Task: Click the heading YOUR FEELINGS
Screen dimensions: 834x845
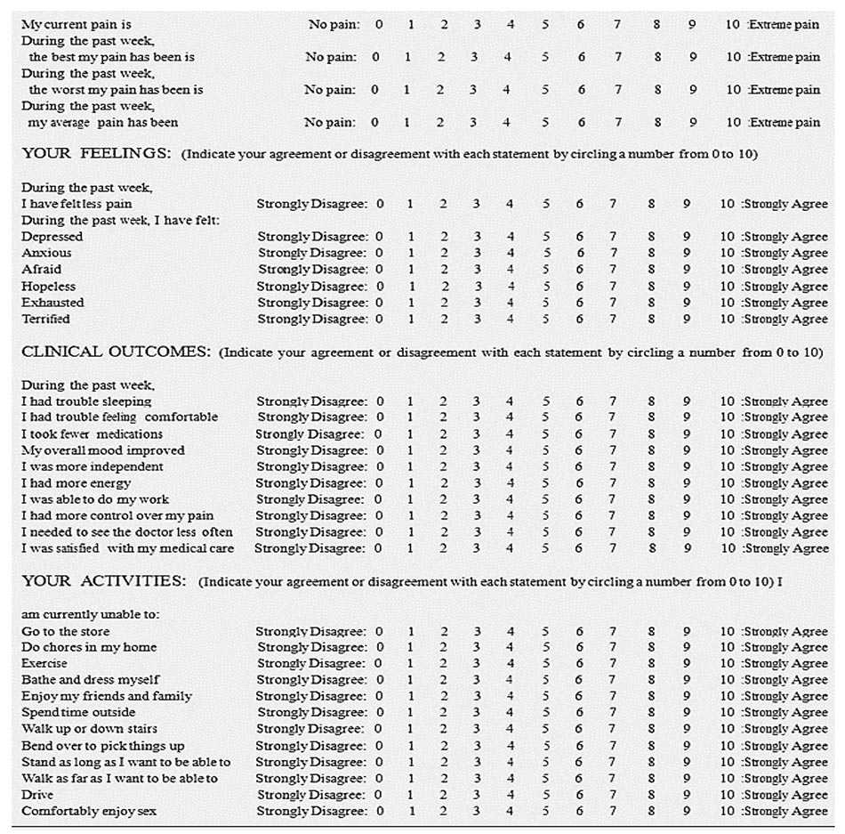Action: click(96, 154)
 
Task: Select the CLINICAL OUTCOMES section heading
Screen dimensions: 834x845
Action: click(116, 352)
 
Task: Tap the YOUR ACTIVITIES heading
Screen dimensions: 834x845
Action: click(104, 581)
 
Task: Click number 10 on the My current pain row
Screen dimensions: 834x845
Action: click(732, 25)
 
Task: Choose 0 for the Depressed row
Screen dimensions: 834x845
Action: click(380, 237)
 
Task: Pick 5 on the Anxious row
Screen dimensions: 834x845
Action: click(546, 253)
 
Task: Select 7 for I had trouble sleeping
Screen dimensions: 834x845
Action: click(612, 401)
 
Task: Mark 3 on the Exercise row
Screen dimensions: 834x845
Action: click(476, 663)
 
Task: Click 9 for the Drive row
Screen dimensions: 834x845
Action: click(687, 795)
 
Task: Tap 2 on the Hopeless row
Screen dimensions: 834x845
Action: click(444, 287)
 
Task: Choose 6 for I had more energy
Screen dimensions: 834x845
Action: click(579, 483)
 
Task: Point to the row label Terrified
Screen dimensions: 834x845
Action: click(45, 319)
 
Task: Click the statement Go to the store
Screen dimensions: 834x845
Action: click(66, 631)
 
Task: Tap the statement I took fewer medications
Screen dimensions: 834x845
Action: click(93, 434)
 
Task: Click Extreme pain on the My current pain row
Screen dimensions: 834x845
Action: click(785, 25)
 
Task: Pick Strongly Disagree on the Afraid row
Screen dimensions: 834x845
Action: click(311, 270)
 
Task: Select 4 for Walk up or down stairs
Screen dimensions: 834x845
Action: click(510, 729)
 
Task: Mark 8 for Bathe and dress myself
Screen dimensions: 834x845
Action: click(651, 680)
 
